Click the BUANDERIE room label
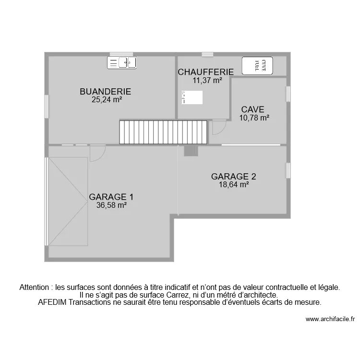pos(105,92)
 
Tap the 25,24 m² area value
pos(107,100)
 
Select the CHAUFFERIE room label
pos(206,72)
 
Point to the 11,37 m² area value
pos(207,81)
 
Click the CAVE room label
pos(252,109)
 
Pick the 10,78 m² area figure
pos(254,118)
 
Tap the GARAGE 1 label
pos(111,197)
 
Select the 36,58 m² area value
pos(111,205)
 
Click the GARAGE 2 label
pos(230,176)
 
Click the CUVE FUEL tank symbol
pos(257,65)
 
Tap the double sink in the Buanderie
pos(122,62)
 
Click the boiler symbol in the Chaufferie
pos(192,97)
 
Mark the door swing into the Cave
pos(218,127)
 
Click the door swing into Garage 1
pos(97,153)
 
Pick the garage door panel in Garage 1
pos(68,201)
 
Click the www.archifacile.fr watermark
pos(330,319)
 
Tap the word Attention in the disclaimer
pos(36,288)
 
